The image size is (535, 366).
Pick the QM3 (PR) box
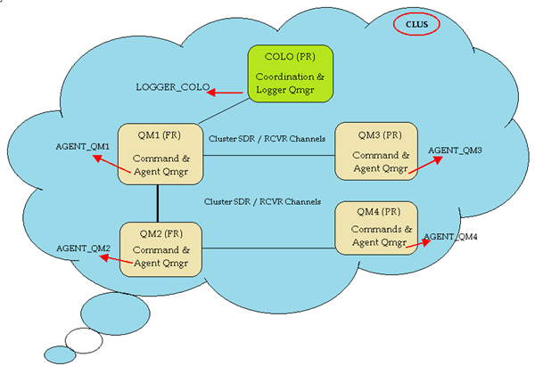[x=374, y=151]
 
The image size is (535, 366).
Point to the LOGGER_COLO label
[x=172, y=88]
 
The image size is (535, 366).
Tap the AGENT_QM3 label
[x=455, y=150]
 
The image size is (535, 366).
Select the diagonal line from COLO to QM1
[x=223, y=111]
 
